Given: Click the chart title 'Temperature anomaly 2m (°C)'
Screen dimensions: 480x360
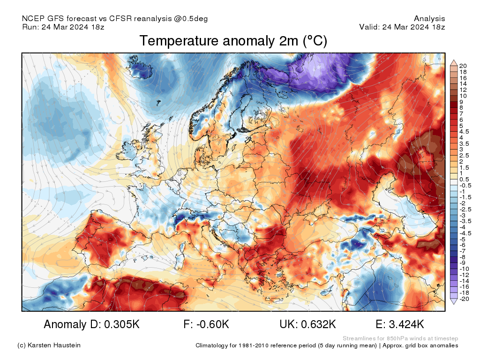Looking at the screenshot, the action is pyautogui.click(x=233, y=41).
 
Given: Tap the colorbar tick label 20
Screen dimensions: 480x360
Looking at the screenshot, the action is pyautogui.click(x=463, y=66).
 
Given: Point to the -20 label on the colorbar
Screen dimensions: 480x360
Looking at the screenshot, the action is pyautogui.click(x=464, y=299).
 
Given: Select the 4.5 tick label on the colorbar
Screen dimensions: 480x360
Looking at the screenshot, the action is pyautogui.click(x=464, y=132).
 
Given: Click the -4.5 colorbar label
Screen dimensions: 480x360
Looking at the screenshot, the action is pyautogui.click(x=465, y=233).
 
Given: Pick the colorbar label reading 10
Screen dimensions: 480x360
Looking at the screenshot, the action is pyautogui.click(x=463, y=96).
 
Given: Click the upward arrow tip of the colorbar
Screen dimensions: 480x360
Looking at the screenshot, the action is pyautogui.click(x=454, y=60).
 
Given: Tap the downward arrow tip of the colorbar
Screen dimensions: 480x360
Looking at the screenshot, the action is pyautogui.click(x=454, y=304).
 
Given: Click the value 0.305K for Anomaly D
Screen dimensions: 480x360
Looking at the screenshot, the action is pyautogui.click(x=122, y=324).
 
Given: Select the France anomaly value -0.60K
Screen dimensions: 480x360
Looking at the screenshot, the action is pyautogui.click(x=211, y=324).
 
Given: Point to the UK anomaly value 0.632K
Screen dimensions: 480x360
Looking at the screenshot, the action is pyautogui.click(x=318, y=324).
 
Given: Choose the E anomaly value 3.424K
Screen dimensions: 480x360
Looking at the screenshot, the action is pyautogui.click(x=406, y=324).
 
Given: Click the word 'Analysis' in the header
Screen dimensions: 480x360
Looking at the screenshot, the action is pyautogui.click(x=429, y=19).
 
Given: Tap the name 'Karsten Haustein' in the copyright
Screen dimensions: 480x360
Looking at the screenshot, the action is pyautogui.click(x=54, y=345).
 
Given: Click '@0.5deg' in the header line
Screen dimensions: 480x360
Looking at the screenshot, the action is pyautogui.click(x=191, y=19).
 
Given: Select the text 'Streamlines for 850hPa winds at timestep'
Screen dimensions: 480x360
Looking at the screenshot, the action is pyautogui.click(x=400, y=338).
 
